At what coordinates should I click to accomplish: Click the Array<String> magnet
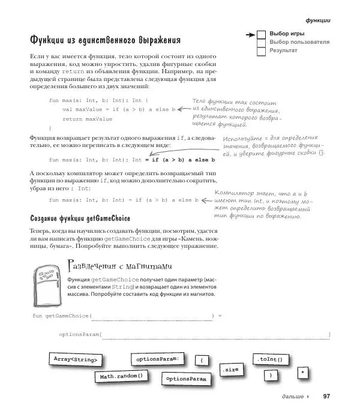point(75,359)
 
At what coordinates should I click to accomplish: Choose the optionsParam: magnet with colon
point(158,359)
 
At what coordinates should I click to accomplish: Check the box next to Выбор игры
point(261,34)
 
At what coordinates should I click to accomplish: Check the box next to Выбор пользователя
point(261,43)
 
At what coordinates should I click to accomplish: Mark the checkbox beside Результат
point(261,52)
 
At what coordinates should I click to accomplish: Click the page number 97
point(327,397)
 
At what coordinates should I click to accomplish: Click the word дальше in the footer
point(292,397)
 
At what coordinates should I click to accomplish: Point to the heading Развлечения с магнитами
point(120,265)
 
